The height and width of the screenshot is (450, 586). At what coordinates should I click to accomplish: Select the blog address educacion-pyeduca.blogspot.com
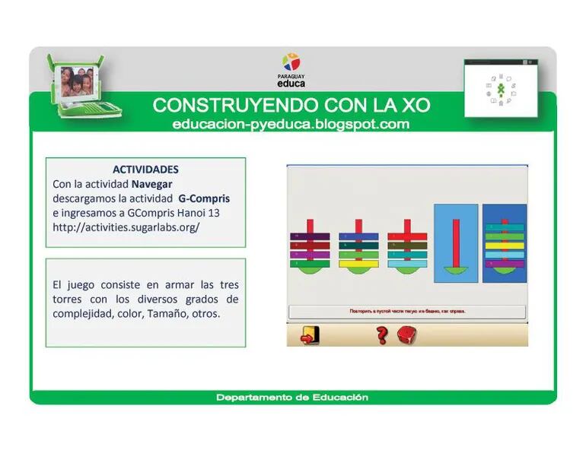click(x=291, y=124)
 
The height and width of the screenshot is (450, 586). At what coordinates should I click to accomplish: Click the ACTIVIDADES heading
click(x=145, y=169)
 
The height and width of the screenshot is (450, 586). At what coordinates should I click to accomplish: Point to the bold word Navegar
click(x=151, y=184)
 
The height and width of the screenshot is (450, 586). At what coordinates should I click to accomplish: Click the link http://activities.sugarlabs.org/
click(x=126, y=227)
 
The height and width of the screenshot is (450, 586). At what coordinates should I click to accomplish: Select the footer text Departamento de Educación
click(x=292, y=398)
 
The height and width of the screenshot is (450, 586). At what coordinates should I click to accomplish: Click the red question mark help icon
click(x=382, y=334)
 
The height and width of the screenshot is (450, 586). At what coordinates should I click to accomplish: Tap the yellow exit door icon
click(x=310, y=334)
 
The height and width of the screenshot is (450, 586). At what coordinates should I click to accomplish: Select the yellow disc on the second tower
click(x=357, y=263)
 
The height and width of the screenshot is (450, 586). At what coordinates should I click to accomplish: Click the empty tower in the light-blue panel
click(x=456, y=247)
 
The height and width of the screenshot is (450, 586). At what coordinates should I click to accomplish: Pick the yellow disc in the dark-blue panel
click(x=504, y=246)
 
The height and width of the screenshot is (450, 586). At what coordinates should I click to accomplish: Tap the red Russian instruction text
click(x=407, y=312)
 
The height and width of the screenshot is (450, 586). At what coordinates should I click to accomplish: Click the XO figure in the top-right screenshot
click(x=500, y=89)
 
